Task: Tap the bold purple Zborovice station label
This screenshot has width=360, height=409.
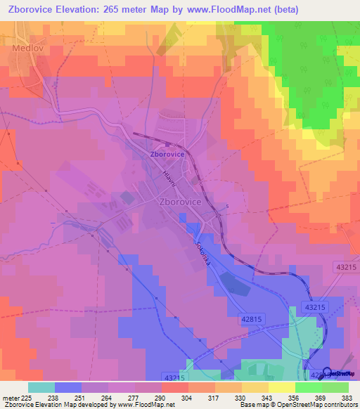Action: [167, 153]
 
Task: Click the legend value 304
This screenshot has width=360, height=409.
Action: [188, 398]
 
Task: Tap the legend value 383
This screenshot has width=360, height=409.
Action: [347, 398]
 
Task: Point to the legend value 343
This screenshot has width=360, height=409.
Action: [268, 398]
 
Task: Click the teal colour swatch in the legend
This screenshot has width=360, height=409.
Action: [41, 387]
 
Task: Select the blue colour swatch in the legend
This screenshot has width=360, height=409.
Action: [68, 387]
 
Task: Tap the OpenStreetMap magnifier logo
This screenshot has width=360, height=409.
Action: [326, 372]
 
